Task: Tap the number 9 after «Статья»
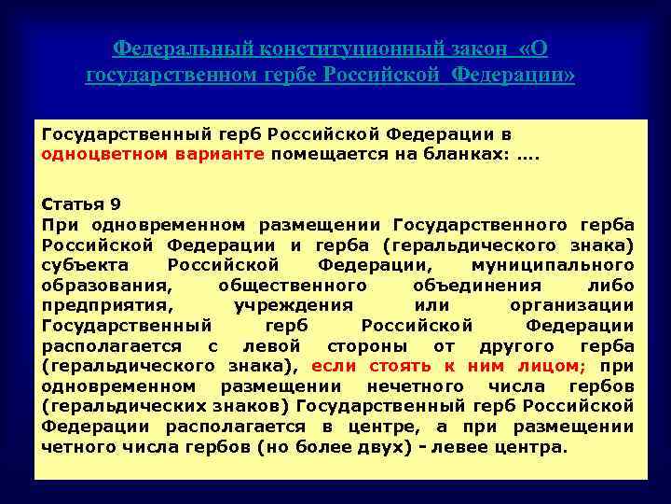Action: click(116, 204)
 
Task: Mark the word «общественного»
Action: click(292, 286)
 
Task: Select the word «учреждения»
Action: click(294, 305)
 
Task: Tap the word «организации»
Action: click(572, 305)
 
